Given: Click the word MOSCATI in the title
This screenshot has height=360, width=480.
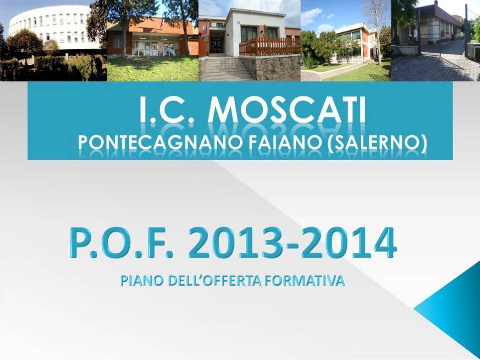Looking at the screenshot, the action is pyautogui.click(x=287, y=110).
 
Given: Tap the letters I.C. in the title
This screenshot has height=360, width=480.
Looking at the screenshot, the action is pyautogui.click(x=167, y=110).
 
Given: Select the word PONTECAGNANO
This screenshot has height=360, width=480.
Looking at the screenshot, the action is pyautogui.click(x=160, y=142).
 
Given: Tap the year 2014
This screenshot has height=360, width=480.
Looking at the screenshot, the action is pyautogui.click(x=349, y=243).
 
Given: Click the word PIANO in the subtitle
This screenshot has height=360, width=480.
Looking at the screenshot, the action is pyautogui.click(x=141, y=281).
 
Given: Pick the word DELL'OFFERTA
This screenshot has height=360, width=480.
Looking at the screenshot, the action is pyautogui.click(x=215, y=281).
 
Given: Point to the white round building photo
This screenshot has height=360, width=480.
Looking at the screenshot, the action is pyautogui.click(x=53, y=40).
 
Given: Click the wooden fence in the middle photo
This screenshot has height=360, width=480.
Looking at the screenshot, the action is pyautogui.click(x=270, y=46).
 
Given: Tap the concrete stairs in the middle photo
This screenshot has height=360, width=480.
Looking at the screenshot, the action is pyautogui.click(x=226, y=68).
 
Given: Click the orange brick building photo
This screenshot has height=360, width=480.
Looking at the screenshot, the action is pyautogui.click(x=153, y=40).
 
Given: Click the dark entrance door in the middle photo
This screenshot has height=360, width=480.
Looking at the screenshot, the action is pyautogui.click(x=217, y=45).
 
